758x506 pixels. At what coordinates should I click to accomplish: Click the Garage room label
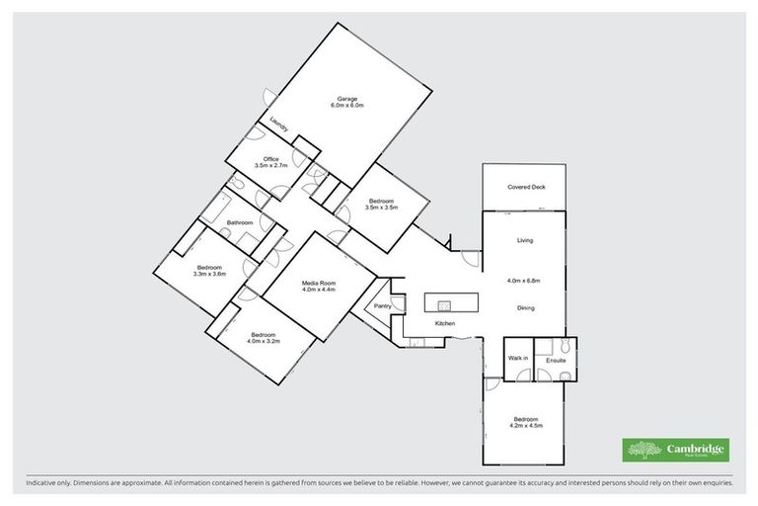pos(347,98)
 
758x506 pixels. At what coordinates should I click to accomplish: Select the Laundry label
pos(279,124)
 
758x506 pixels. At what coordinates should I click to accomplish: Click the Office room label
pos(270,159)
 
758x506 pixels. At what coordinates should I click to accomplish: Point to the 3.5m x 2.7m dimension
pos(270,166)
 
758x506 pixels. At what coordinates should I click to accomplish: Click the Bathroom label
pos(239,223)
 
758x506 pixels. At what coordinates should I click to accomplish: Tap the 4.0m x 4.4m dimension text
pos(318,290)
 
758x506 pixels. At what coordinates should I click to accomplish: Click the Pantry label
pos(383,306)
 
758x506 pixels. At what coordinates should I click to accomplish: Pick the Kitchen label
pos(444,324)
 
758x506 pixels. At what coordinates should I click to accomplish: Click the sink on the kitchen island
pos(444,303)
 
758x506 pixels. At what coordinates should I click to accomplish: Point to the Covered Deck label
pos(526,187)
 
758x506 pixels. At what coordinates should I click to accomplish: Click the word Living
pos(526,240)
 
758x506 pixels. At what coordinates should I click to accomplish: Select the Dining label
pos(526,308)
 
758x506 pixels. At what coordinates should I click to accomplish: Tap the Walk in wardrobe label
pos(517,358)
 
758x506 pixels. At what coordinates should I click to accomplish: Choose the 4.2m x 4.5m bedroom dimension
pos(525,425)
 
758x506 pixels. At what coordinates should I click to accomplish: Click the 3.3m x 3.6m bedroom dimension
pos(211,274)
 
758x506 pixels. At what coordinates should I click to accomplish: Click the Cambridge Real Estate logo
pos(675,449)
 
